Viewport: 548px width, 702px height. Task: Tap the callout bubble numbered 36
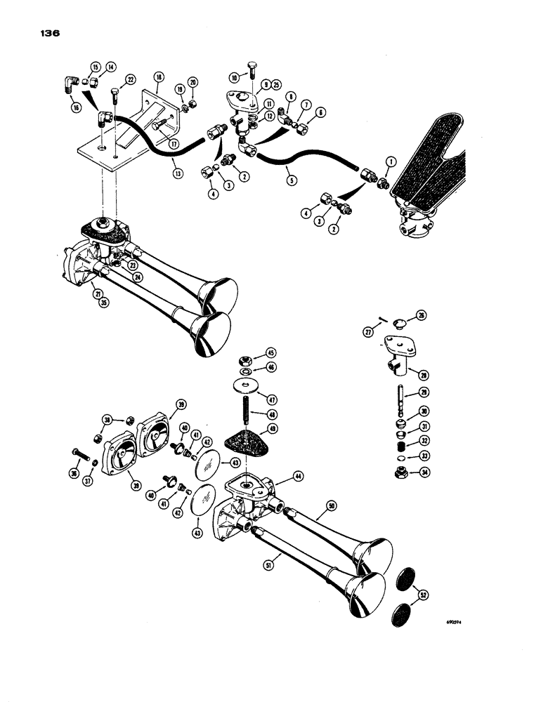[74, 473]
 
